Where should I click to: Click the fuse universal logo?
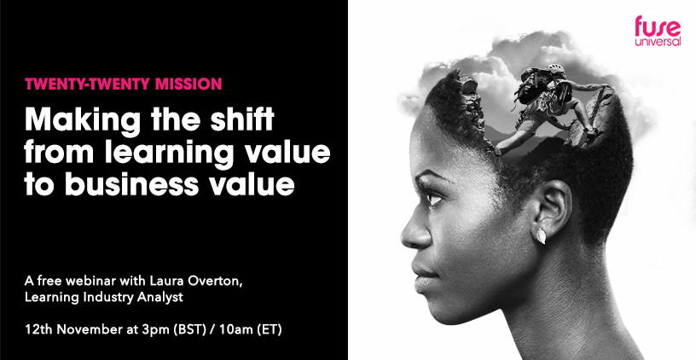pyautogui.click(x=658, y=31)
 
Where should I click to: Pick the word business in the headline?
pyautogui.click(x=131, y=183)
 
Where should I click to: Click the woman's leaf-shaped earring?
pyautogui.click(x=541, y=235)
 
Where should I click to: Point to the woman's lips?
pyautogui.click(x=420, y=271)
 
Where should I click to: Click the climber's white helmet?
pyautogui.click(x=555, y=68)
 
